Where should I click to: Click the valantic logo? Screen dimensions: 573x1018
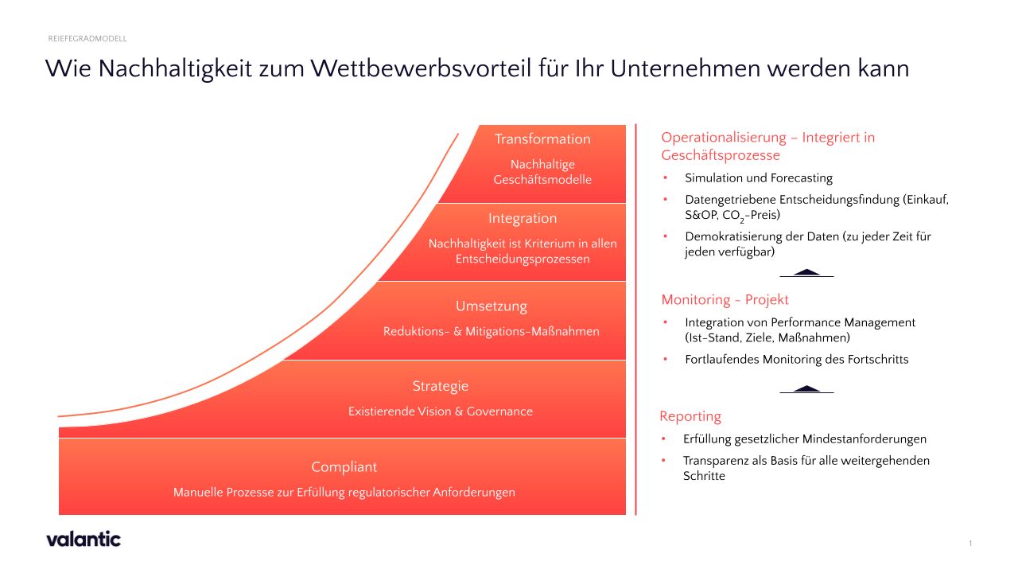84,539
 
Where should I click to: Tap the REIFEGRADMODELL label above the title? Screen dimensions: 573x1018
87,38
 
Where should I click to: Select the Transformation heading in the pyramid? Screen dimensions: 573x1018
542,139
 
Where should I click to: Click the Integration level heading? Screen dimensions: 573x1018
523,218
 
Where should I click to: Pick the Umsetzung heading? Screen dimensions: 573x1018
491,306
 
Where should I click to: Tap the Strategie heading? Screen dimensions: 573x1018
440,386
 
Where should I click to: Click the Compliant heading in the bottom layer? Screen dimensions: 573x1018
344,467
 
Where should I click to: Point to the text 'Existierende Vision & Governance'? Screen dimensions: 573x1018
440,411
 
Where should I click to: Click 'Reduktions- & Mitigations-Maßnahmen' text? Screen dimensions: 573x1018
491,331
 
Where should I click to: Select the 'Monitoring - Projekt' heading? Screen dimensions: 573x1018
725,300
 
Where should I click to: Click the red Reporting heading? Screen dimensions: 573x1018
690,416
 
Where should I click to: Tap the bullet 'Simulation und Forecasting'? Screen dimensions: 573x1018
758,178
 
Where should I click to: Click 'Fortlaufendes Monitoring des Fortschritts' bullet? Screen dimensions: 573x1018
796,360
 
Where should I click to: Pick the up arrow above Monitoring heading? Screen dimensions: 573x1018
806,272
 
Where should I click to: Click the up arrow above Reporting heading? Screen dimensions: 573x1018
806,388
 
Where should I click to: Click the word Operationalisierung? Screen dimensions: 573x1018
724,138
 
